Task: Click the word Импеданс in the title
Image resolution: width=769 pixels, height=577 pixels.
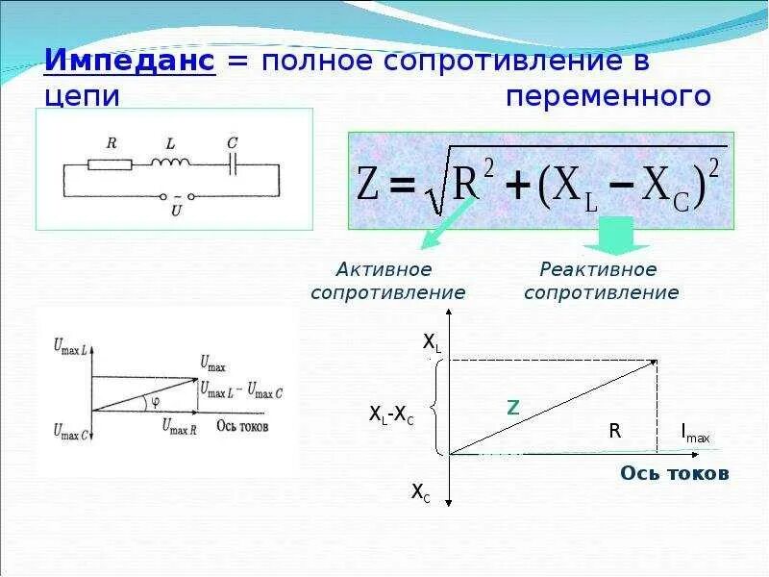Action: tap(133, 62)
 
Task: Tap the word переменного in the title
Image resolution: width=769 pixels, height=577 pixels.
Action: tap(608, 96)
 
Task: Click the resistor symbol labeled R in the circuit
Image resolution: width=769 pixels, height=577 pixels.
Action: tap(110, 164)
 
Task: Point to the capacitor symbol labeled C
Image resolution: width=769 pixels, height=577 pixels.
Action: tap(233, 164)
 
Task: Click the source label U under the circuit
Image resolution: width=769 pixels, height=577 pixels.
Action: tap(175, 205)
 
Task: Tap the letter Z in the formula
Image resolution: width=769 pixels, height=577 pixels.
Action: tap(371, 187)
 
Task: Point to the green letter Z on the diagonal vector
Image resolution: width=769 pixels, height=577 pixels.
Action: tap(513, 408)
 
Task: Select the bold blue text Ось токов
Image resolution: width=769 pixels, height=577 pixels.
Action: tap(674, 473)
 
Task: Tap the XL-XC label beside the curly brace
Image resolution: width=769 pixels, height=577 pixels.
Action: tap(391, 414)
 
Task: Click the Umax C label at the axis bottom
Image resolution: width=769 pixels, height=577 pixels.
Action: tap(71, 431)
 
